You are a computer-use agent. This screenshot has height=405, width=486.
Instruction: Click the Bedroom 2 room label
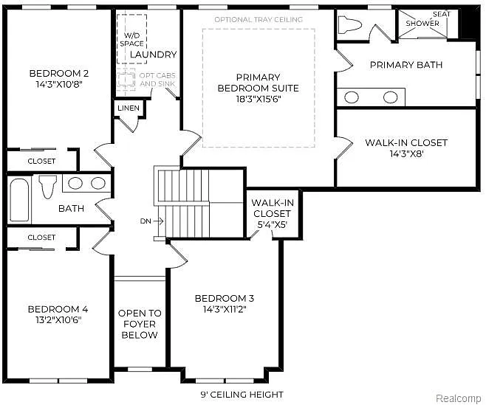pos(58,73)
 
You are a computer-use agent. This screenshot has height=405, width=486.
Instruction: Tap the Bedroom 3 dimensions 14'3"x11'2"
pos(224,310)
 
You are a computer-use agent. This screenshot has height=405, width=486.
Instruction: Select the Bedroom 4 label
pos(58,309)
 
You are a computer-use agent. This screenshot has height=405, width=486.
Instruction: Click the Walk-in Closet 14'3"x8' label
pos(405,142)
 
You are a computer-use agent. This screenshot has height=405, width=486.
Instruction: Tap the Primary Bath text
pos(405,65)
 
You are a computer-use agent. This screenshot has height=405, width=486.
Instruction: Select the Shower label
pos(422,24)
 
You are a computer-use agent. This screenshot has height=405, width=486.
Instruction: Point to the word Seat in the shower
pos(441,14)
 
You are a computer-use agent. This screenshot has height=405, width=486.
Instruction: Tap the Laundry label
pos(153,55)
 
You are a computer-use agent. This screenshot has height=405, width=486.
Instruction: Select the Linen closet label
pos(127,108)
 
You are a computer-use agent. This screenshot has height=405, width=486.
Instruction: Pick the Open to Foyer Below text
pos(139,324)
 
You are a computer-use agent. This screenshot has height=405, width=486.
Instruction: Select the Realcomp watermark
pos(458,398)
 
